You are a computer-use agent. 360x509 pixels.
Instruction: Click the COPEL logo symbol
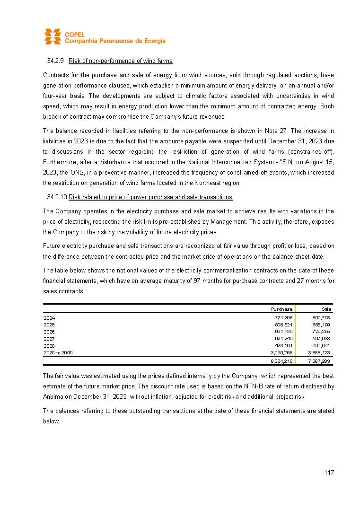(53, 36)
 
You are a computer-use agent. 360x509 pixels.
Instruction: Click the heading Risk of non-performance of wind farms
(120, 61)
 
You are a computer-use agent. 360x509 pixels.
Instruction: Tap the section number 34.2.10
(57, 197)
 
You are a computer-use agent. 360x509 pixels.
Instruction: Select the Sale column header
(326, 309)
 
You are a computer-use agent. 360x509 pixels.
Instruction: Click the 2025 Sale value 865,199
(322, 325)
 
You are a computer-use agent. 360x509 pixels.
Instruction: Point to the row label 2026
(49, 332)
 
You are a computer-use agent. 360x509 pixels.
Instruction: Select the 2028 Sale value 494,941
(322, 346)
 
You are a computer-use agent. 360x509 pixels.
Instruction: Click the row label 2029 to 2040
(58, 353)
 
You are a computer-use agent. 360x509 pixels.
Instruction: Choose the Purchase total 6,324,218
(281, 361)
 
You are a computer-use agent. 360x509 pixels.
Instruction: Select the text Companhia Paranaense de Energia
(115, 41)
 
